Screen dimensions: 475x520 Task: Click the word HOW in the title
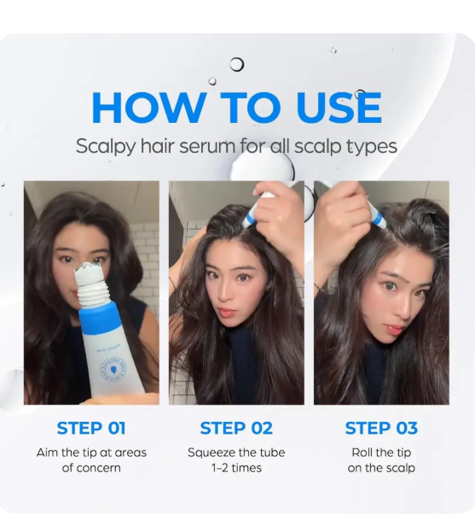tap(148, 108)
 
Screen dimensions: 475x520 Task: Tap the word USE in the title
tap(339, 108)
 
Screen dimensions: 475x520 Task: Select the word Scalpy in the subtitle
tap(106, 146)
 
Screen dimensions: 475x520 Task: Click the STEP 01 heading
tap(91, 428)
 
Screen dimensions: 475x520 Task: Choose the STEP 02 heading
tap(236, 428)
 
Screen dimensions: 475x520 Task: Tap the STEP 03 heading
tap(381, 428)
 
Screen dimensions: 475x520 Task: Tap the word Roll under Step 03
tap(362, 453)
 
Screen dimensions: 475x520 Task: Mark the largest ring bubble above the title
tap(237, 64)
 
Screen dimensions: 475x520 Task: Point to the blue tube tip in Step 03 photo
tap(377, 218)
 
